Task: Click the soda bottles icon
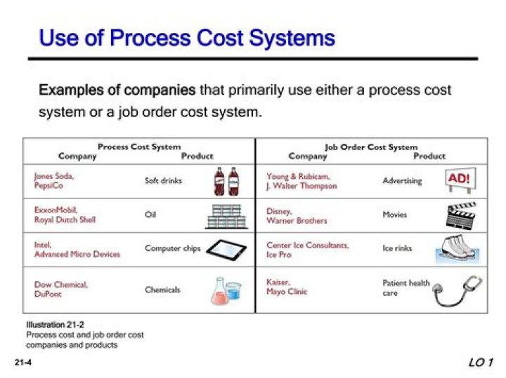226,181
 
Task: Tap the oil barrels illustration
226,215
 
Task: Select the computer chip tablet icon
226,249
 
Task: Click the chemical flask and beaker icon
226,290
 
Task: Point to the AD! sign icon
458,180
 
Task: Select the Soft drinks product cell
163,180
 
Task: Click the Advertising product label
402,180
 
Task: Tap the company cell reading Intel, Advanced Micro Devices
77,250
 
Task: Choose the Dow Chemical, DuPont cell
61,290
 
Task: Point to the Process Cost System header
139,147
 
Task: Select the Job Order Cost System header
371,147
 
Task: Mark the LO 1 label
481,362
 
